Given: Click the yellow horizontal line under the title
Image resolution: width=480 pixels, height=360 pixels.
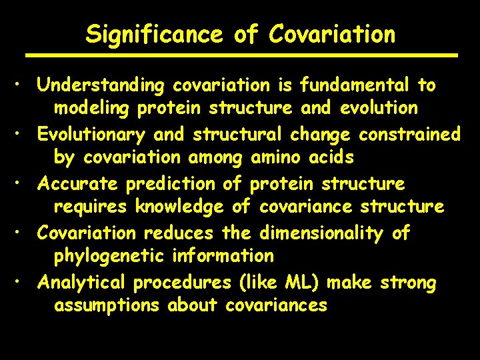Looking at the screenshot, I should point(241,55).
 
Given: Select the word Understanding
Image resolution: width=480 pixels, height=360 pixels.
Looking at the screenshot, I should point(101,85).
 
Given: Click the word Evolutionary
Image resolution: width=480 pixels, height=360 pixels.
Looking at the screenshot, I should point(91,135).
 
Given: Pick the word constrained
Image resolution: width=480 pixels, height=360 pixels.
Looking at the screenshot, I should point(409,135).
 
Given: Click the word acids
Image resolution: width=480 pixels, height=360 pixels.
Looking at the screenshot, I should point(331,157).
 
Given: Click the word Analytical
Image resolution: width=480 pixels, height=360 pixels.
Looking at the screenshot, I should point(81,283).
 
